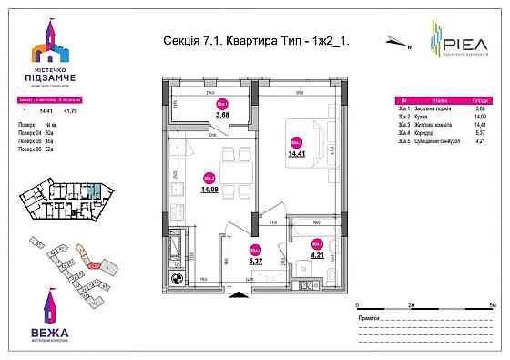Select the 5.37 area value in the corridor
[x=256, y=260]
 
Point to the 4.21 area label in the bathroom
[x=317, y=257]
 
